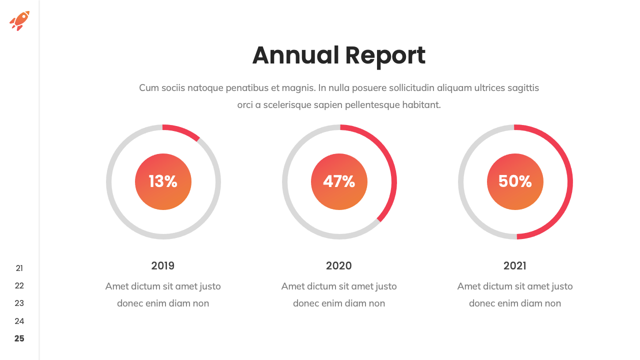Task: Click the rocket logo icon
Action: click(19, 20)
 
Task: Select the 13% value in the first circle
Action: click(163, 181)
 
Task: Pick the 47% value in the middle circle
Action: click(339, 181)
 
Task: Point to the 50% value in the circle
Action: click(515, 181)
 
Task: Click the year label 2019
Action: click(163, 266)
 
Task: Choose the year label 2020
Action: click(339, 266)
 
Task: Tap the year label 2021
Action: click(515, 266)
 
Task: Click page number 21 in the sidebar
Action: click(19, 268)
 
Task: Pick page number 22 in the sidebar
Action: click(19, 286)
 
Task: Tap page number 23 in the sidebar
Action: click(19, 303)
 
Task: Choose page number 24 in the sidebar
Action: click(19, 321)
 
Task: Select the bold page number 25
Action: click(19, 338)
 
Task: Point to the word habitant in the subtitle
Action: click(421, 105)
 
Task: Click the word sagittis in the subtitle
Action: click(523, 88)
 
